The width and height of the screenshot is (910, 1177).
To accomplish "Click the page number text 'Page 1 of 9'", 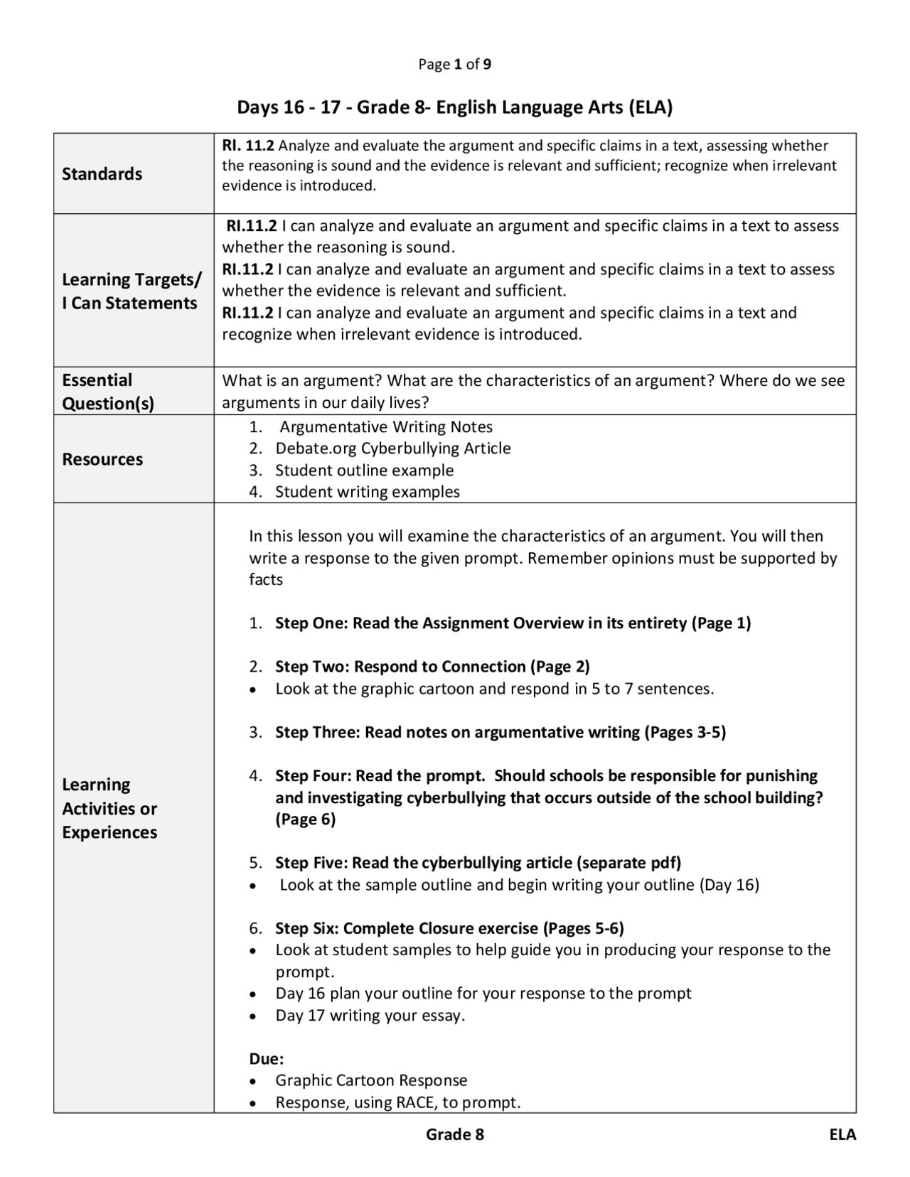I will [454, 65].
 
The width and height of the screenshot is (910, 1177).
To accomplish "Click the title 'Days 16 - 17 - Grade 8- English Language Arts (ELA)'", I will [454, 107].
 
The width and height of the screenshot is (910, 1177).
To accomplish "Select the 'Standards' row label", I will [102, 174].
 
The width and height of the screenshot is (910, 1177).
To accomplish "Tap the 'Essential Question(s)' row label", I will [107, 392].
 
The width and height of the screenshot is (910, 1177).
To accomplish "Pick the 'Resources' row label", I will [102, 459].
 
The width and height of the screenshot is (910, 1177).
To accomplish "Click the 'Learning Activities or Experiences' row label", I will [109, 808].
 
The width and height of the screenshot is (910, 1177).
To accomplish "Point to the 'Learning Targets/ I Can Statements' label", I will [131, 291].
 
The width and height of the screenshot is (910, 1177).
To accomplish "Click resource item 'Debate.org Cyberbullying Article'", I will [392, 448].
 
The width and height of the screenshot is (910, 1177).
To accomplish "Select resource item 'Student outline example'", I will [364, 471].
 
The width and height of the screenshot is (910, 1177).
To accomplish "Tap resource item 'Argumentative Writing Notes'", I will [385, 427].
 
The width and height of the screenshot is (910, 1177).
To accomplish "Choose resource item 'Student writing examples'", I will [367, 492].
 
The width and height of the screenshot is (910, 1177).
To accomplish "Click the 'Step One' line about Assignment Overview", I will [513, 623].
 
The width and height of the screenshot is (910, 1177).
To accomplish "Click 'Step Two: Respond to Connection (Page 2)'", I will [432, 667].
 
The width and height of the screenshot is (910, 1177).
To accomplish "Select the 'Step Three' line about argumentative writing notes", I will [500, 732].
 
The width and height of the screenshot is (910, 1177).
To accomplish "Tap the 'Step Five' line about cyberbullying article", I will [478, 863].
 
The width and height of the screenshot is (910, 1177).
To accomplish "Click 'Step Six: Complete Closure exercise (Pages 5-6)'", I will [449, 928].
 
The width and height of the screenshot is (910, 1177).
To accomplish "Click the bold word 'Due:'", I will [266, 1059].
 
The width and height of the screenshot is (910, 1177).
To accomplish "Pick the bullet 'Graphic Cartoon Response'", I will [371, 1080].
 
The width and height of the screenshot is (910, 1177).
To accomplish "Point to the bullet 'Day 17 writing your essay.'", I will [370, 1015].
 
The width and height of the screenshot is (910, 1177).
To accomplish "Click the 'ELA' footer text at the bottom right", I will [842, 1134].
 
